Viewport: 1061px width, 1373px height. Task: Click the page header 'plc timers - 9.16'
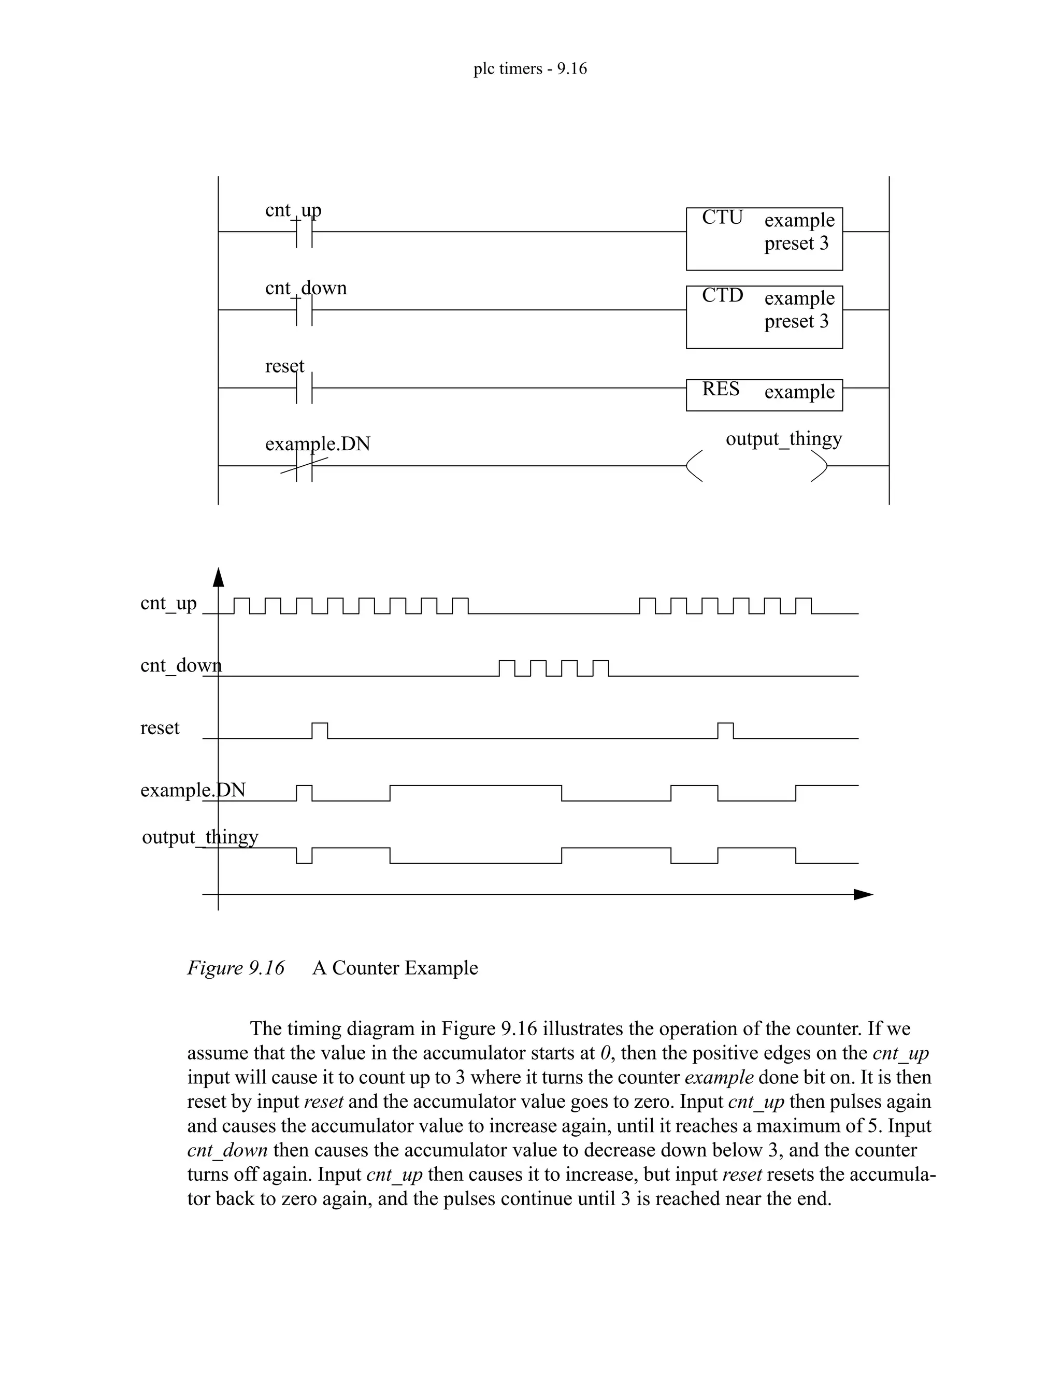[x=530, y=68]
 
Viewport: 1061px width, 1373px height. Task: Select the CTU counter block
[x=764, y=239]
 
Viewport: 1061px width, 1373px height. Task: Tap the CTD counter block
[x=764, y=317]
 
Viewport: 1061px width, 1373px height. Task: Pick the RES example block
[x=764, y=395]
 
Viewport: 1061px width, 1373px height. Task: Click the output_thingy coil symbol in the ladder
[x=756, y=466]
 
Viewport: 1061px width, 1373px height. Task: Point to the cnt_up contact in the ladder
[x=304, y=232]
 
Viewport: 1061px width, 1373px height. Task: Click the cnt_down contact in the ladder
[x=304, y=310]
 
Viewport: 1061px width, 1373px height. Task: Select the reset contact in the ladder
[x=304, y=388]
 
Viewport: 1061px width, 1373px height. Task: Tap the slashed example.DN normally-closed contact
[x=304, y=466]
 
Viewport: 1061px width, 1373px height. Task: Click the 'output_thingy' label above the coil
[x=783, y=438]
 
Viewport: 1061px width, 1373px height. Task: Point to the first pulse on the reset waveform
[x=320, y=731]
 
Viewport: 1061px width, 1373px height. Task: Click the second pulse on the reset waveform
[x=725, y=731]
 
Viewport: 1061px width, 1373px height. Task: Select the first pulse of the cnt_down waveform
[x=507, y=668]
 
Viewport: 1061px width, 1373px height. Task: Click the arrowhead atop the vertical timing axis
[x=218, y=577]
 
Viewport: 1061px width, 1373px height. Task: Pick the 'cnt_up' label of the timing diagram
[x=168, y=603]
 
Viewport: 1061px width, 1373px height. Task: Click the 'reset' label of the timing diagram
[x=160, y=727]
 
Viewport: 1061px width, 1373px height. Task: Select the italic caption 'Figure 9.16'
[x=236, y=967]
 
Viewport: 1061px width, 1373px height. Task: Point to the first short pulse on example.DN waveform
[x=304, y=793]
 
